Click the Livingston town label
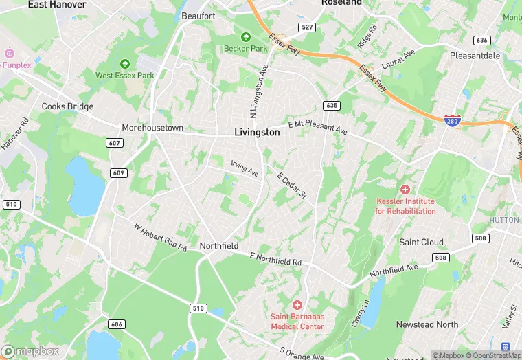point(257,133)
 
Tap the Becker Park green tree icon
point(245,37)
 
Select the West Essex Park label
point(125,75)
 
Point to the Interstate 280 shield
point(451,120)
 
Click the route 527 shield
point(307,27)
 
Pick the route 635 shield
point(332,106)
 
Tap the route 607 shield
point(115,143)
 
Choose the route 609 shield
point(118,172)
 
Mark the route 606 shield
point(117,324)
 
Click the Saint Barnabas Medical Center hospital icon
point(297,304)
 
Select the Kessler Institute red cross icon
point(405,189)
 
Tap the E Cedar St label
point(291,186)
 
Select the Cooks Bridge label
point(67,106)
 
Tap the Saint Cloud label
point(421,242)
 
